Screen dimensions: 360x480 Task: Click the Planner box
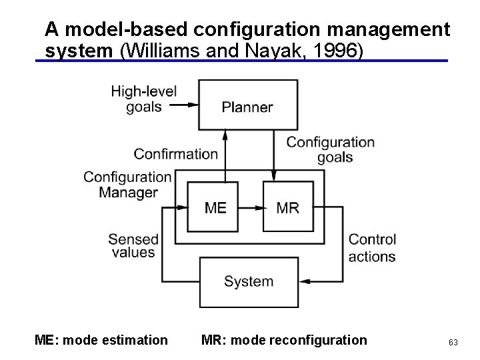tap(248, 105)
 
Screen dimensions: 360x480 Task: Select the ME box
tap(215, 207)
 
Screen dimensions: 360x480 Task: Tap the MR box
tap(287, 207)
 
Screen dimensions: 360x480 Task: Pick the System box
tap(248, 281)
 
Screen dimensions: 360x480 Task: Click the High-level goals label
tap(144, 99)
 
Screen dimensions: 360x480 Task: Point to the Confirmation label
tap(176, 154)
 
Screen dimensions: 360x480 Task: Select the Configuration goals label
tap(331, 149)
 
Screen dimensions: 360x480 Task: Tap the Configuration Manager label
tap(128, 185)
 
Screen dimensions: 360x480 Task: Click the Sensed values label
tap(133, 245)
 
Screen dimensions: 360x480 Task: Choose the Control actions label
tap(372, 247)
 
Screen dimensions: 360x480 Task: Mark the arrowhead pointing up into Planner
tap(225, 134)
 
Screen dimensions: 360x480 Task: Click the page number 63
tap(453, 342)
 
